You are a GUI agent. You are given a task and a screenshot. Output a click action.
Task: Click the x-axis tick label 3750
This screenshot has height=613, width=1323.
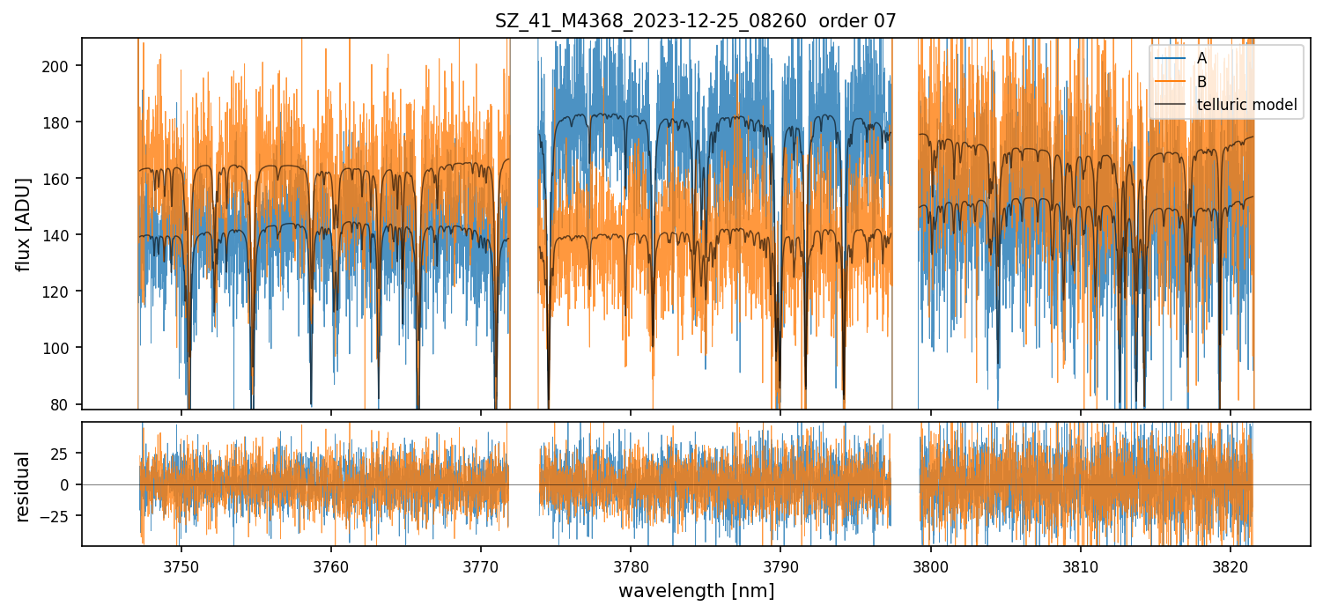(x=181, y=565)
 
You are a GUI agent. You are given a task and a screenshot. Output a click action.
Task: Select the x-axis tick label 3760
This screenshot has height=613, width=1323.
(x=331, y=565)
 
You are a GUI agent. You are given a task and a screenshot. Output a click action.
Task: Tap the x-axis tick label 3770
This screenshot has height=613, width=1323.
(x=481, y=565)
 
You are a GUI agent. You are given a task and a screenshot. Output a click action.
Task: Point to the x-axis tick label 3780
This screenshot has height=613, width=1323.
(x=631, y=565)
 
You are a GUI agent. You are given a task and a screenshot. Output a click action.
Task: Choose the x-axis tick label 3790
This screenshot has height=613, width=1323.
(x=781, y=565)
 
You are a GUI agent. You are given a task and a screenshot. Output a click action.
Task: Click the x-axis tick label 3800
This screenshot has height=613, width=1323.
(x=931, y=565)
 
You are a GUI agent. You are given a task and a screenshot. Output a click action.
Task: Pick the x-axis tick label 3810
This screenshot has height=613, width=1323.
(x=1081, y=565)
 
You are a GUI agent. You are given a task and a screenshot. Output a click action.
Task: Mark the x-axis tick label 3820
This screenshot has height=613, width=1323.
(x=1231, y=565)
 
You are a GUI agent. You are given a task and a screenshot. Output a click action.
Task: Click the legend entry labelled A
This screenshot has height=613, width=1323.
(x=1201, y=58)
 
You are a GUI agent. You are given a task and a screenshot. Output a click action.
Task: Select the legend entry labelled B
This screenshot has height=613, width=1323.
(x=1201, y=82)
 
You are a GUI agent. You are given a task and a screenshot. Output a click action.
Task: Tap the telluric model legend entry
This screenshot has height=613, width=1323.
(x=1246, y=105)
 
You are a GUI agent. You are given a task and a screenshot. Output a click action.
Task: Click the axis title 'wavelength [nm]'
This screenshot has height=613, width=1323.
(x=696, y=591)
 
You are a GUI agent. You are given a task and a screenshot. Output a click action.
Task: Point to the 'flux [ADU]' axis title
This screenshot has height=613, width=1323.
(x=23, y=224)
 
